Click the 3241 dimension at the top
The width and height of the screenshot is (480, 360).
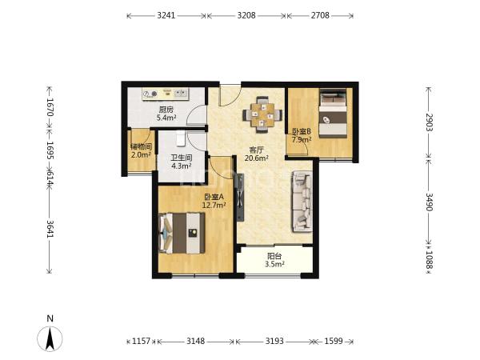[x=166, y=15]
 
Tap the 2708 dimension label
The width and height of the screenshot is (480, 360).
[x=320, y=15]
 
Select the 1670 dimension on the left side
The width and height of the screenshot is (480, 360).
[x=50, y=107]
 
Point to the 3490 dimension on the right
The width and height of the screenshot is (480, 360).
[x=429, y=202]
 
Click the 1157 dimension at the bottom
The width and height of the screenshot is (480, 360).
[x=141, y=341]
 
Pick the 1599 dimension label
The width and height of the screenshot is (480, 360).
[x=334, y=341]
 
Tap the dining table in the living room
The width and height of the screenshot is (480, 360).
[x=262, y=114]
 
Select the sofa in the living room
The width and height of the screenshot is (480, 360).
[x=302, y=202]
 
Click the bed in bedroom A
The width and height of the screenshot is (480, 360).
[x=182, y=233]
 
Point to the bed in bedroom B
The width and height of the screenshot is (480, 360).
[x=333, y=113]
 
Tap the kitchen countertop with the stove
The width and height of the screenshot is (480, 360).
[x=166, y=94]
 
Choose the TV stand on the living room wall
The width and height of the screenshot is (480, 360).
[x=240, y=197]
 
